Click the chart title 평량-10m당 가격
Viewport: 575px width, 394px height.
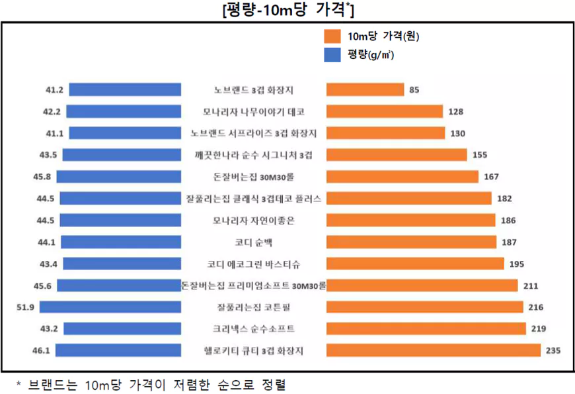coord(287,10)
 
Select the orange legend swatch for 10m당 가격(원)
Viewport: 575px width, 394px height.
coord(332,36)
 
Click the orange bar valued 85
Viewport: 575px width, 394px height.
coord(365,89)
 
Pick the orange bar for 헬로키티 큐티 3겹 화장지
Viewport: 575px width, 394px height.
coord(434,350)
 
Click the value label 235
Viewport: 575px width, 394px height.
coord(553,350)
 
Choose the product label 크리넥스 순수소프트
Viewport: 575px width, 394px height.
coord(254,328)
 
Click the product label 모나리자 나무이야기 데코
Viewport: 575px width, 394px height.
coord(254,111)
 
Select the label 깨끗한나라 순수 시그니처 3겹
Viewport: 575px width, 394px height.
coord(254,155)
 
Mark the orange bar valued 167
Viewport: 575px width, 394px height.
coord(402,177)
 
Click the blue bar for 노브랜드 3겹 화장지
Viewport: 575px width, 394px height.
coord(125,89)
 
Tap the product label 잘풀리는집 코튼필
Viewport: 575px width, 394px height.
coord(254,307)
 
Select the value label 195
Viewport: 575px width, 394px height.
coord(516,264)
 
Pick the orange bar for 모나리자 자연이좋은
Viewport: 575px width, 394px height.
coord(410,220)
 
